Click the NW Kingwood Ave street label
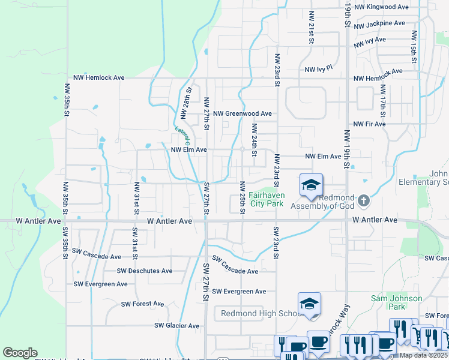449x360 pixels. (x=381, y=7)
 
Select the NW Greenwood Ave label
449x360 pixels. (x=243, y=113)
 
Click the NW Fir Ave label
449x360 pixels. (x=369, y=124)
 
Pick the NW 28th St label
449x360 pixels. (x=186, y=103)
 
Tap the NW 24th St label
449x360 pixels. (x=255, y=140)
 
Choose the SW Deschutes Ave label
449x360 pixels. (x=145, y=271)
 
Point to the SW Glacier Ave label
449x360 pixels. (x=176, y=326)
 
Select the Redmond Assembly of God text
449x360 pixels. (x=324, y=202)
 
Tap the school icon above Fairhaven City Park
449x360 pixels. (x=311, y=185)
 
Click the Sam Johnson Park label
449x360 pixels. (x=397, y=302)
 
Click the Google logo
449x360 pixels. (x=20, y=353)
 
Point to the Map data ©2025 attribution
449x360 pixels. (x=424, y=355)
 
